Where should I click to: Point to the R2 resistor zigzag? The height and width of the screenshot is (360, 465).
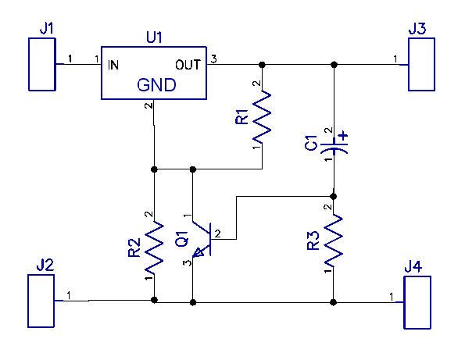[x=154, y=247]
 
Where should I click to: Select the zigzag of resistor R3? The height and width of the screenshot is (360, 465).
[x=334, y=241]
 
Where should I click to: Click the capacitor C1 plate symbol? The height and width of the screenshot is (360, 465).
[x=334, y=147]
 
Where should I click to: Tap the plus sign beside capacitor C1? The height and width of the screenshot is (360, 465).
[x=343, y=137]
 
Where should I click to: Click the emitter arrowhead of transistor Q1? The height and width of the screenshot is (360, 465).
[x=198, y=253]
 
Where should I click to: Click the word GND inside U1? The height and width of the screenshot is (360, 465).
[x=156, y=85]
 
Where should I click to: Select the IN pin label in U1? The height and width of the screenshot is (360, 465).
[x=113, y=65]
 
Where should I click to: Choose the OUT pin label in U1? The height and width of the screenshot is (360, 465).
[x=188, y=65]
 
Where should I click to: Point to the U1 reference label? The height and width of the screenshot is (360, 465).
[x=154, y=37]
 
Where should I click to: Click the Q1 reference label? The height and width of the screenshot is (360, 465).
[x=182, y=239]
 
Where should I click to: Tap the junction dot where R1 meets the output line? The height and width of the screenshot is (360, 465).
[x=262, y=64]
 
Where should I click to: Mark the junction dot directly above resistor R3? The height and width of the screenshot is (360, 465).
[x=334, y=196]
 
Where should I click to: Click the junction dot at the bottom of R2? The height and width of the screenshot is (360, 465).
[x=154, y=300]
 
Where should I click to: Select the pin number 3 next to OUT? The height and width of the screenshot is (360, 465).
[x=213, y=59]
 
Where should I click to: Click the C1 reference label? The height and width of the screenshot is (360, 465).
[x=311, y=143]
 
